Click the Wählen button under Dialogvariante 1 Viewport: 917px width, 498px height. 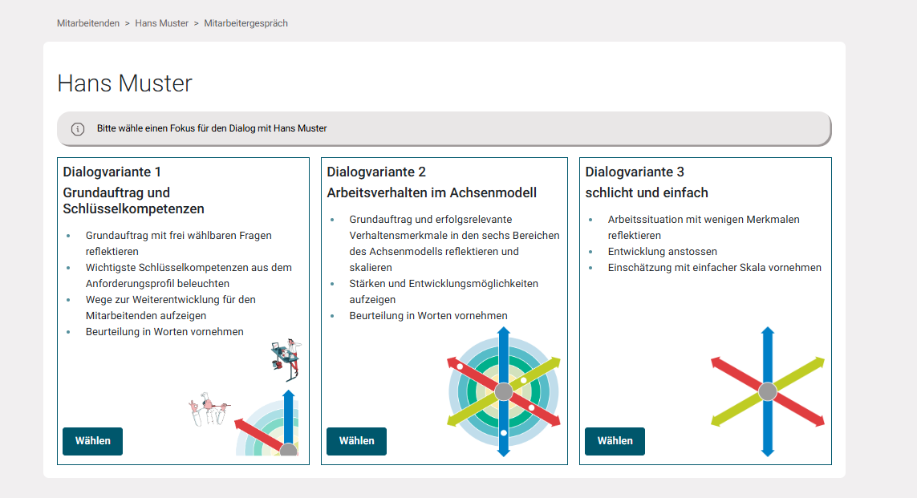coord(92,441)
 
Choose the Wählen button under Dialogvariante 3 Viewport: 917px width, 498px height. coord(615,441)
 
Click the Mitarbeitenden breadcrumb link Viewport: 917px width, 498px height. coord(88,23)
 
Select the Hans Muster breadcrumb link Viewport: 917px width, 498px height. coord(162,23)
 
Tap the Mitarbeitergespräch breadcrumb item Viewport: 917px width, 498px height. coord(245,23)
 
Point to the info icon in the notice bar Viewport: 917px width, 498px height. coord(78,128)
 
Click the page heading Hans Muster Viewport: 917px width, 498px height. coord(125,83)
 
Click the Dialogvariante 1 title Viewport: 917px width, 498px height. coord(112,172)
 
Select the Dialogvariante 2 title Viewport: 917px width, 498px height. coord(376,172)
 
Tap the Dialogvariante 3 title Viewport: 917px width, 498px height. coord(635,172)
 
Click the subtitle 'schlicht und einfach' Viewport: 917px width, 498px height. coord(647,192)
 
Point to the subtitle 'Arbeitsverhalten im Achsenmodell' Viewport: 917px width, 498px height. coord(432,192)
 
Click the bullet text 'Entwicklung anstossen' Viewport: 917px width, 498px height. coord(663,251)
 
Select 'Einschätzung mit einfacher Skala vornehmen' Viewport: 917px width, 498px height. coord(714,267)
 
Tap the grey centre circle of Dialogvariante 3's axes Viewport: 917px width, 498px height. coord(768,392)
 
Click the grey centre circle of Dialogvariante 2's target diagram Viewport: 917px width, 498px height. coord(504,392)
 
